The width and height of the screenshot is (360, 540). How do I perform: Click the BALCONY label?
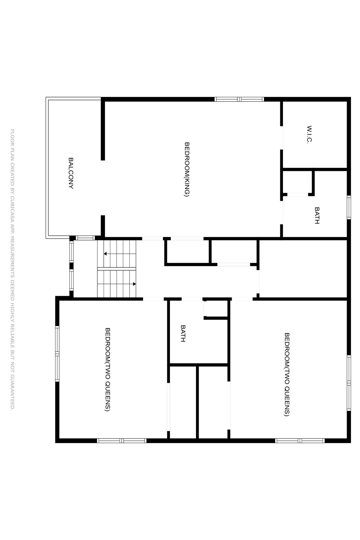(x=71, y=173)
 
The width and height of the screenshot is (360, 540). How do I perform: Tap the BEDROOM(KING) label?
(x=187, y=169)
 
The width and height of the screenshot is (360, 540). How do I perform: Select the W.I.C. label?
(x=309, y=135)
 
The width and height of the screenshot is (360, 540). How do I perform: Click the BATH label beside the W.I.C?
(x=317, y=215)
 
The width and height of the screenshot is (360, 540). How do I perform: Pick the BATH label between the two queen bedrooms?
(x=183, y=333)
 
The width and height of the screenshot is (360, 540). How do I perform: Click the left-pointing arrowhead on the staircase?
(x=105, y=254)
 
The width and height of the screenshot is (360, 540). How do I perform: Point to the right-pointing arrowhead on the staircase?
(x=134, y=284)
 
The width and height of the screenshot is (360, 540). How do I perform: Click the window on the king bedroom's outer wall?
(x=239, y=99)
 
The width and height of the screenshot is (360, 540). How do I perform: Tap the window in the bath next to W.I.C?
(x=349, y=207)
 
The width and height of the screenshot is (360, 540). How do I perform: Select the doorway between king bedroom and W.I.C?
(x=281, y=138)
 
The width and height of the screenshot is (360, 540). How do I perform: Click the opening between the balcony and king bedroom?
(x=103, y=188)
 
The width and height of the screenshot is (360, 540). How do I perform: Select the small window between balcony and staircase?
(x=85, y=238)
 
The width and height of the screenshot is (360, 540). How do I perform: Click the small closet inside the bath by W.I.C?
(x=298, y=182)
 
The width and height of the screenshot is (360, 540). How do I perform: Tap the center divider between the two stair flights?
(x=117, y=269)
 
